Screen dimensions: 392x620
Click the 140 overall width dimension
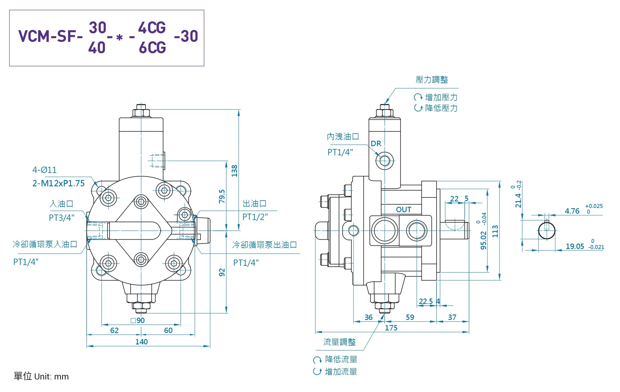(x=141, y=342)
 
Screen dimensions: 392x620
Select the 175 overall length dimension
(x=391, y=328)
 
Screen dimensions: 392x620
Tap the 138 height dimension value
(x=234, y=171)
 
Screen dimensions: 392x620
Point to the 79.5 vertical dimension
(x=222, y=196)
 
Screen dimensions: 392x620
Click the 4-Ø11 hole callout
(x=44, y=170)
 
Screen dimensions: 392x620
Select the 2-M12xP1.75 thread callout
(x=58, y=183)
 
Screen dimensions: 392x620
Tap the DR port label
(x=376, y=144)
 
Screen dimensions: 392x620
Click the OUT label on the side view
(x=403, y=210)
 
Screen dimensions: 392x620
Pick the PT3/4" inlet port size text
(x=62, y=218)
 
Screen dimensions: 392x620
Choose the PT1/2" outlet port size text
(x=255, y=217)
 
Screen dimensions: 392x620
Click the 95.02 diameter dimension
(x=484, y=240)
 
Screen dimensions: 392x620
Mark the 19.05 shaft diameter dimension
(x=575, y=246)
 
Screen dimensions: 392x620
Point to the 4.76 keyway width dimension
(x=572, y=211)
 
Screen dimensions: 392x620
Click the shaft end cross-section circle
(x=546, y=231)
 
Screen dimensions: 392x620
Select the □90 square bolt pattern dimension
(x=138, y=320)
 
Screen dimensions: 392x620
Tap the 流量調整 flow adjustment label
(x=339, y=342)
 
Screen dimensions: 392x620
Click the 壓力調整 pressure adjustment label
(x=432, y=80)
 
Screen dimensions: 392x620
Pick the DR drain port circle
(x=385, y=161)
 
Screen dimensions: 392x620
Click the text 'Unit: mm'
(x=51, y=377)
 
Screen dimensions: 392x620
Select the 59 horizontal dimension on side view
(x=410, y=317)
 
